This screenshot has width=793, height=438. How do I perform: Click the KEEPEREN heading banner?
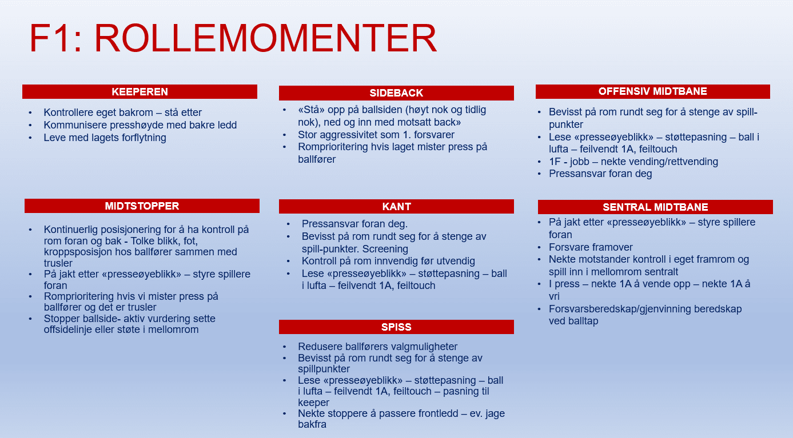(x=140, y=92)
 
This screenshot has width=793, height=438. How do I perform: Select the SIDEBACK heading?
(x=396, y=93)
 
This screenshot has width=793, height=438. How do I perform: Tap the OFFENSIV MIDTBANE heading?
(x=652, y=91)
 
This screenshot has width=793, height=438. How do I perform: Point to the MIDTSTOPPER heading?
(x=142, y=206)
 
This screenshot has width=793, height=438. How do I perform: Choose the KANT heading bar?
(x=396, y=207)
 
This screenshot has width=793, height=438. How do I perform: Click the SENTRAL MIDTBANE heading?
(x=655, y=207)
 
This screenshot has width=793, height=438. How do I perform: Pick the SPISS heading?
(x=396, y=327)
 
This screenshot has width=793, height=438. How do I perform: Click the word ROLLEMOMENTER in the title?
(x=265, y=39)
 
